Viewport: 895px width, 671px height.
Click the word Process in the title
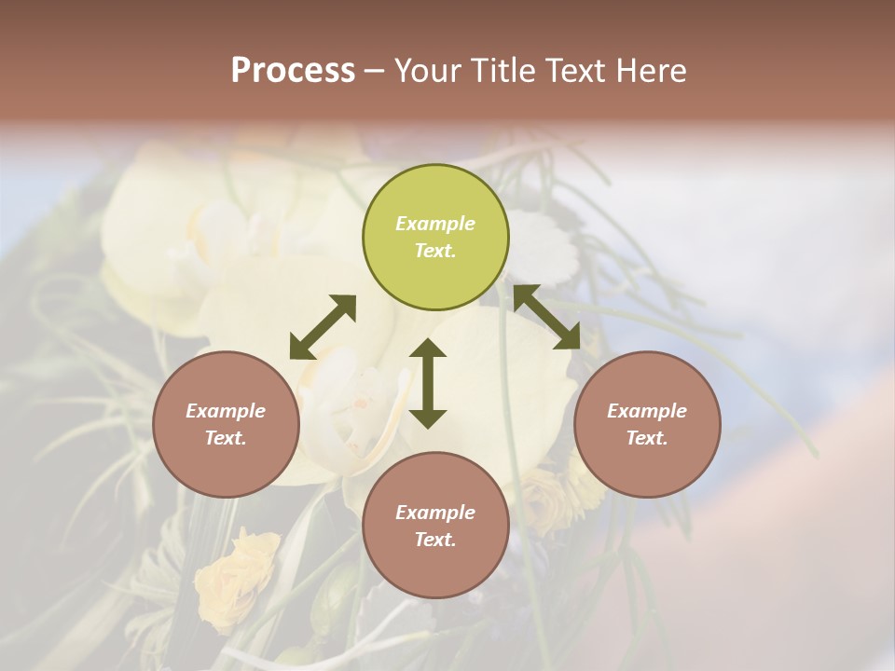click(x=293, y=71)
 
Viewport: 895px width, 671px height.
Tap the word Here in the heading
click(x=651, y=71)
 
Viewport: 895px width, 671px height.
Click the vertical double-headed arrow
click(x=428, y=383)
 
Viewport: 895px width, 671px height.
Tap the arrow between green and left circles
click(x=323, y=327)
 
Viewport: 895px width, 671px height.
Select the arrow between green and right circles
click(x=547, y=318)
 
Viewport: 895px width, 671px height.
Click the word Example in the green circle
click(x=435, y=224)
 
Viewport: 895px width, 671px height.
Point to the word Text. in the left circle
click(x=226, y=438)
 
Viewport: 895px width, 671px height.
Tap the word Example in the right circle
click(x=647, y=411)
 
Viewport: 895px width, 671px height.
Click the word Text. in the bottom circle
click(x=435, y=540)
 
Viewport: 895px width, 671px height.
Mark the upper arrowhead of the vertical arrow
click(x=428, y=349)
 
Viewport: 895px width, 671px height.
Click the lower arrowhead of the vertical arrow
click(x=428, y=418)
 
